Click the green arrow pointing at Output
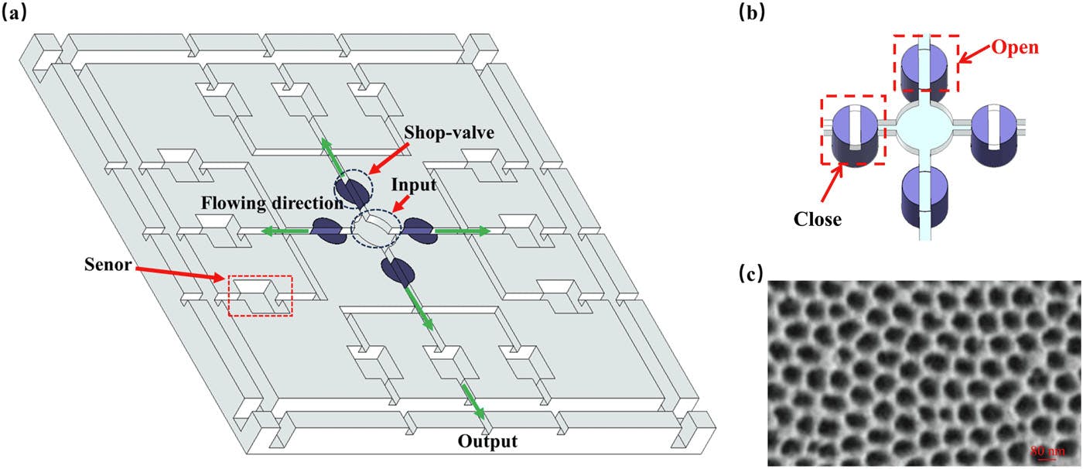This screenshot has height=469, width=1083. [473, 400]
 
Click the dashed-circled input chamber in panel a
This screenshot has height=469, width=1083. [375, 229]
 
